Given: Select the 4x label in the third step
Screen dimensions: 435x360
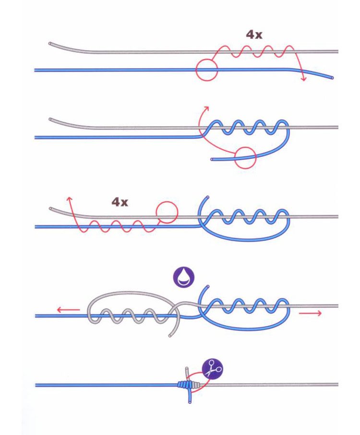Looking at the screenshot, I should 120,202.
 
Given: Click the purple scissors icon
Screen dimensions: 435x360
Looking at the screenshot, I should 213,368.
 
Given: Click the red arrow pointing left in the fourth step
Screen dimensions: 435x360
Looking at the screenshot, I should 68,310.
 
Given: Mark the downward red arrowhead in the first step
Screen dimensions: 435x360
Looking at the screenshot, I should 303,78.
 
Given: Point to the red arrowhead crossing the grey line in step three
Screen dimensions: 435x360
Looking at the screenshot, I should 69,200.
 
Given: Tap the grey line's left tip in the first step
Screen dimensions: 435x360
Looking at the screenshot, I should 50,44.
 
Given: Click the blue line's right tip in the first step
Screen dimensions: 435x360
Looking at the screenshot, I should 332,77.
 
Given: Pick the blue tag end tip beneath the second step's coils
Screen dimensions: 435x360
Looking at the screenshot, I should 212,159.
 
